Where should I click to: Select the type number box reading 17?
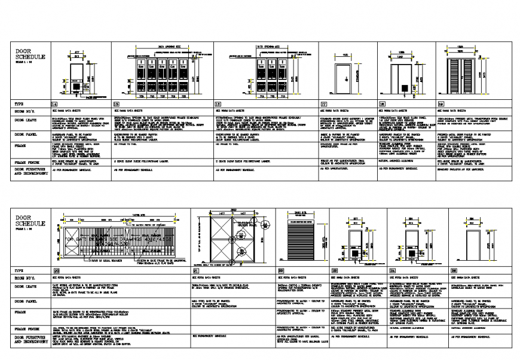323,103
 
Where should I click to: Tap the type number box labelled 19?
441,103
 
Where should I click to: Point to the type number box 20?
56,271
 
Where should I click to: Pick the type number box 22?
280,271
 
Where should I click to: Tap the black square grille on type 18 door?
405,89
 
